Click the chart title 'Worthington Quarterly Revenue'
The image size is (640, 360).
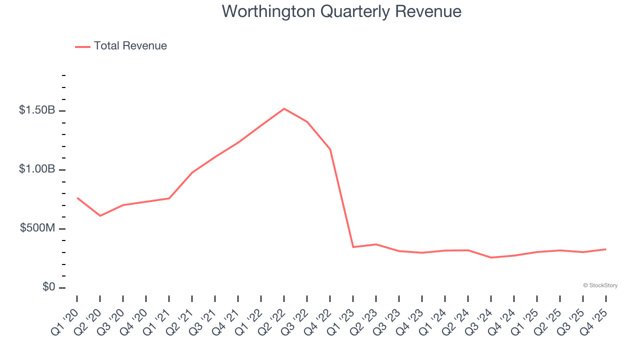[x=341, y=11]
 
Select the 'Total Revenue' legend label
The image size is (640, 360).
[x=130, y=46]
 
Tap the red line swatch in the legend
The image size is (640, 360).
[x=82, y=46]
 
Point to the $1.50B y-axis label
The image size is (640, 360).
[x=37, y=110]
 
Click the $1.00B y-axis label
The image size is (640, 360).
[x=37, y=169]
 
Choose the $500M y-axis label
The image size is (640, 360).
[x=37, y=228]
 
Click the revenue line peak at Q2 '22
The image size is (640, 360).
[x=284, y=108]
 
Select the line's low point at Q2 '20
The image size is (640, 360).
[x=100, y=215]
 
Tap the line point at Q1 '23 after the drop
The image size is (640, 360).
[x=353, y=247]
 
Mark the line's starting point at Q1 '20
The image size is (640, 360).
[x=77, y=198]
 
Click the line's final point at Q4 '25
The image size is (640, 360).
[x=605, y=249]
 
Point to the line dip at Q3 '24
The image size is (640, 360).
[x=491, y=257]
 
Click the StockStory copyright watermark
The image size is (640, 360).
[x=600, y=285]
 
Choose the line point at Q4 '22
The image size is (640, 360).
[x=330, y=149]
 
